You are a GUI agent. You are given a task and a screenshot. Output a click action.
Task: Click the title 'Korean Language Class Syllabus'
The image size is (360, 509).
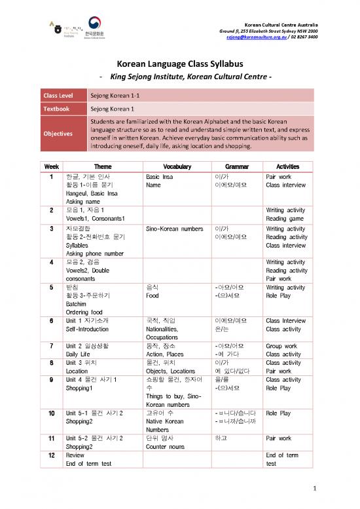[180, 64]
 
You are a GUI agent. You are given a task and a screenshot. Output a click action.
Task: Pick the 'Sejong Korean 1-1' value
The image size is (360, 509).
[114, 95]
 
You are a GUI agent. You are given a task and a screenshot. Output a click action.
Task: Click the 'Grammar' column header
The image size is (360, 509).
[228, 166]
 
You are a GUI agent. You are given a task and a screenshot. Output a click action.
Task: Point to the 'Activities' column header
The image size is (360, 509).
[287, 166]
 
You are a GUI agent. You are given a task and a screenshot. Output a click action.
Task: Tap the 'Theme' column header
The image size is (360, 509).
[103, 166]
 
